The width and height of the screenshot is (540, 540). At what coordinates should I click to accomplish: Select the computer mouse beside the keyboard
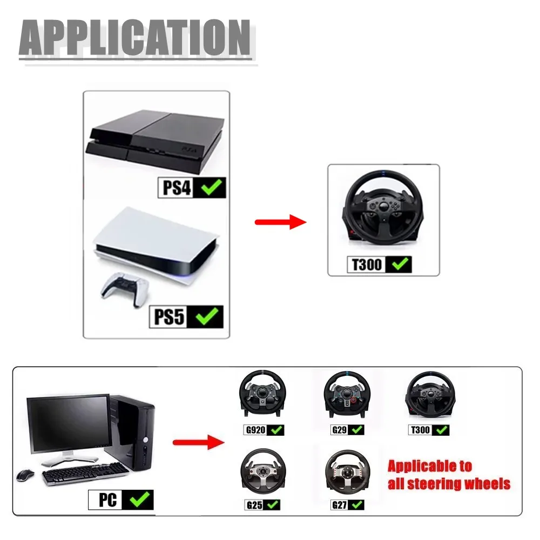pyautogui.click(x=25, y=475)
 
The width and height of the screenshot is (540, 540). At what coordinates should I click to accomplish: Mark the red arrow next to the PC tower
pyautogui.click(x=198, y=443)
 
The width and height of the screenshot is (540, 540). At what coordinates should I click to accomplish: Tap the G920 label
pyautogui.click(x=255, y=430)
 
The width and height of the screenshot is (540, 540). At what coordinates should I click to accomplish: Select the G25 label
pyautogui.click(x=255, y=505)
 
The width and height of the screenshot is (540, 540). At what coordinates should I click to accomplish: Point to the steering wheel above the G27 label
pyautogui.click(x=345, y=472)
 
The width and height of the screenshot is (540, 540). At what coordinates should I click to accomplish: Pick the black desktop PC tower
pyautogui.click(x=132, y=432)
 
